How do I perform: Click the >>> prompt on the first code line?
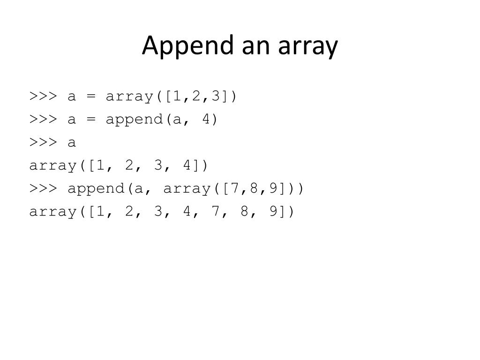[x=43, y=96]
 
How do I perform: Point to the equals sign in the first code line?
[x=91, y=97]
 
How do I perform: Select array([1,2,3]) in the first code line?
[x=172, y=97]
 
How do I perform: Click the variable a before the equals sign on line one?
[x=72, y=97]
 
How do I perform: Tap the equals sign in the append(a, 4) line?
[x=91, y=120]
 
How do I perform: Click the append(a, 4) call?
[x=162, y=120]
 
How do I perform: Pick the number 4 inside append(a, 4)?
[x=206, y=120]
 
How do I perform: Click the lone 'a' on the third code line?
[x=72, y=142]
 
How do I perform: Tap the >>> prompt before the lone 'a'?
[x=43, y=142]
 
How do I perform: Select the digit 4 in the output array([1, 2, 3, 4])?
[x=187, y=165]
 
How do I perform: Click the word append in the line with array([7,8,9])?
[x=96, y=188]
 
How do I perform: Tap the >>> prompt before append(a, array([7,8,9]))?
[x=43, y=188]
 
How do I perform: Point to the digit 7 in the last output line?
[x=216, y=211]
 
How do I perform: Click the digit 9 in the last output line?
[x=273, y=211]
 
